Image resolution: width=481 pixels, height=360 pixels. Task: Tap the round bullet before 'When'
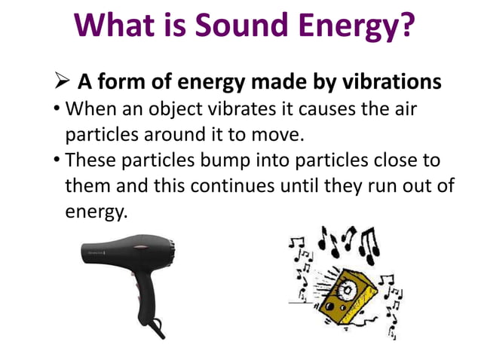[x=57, y=110]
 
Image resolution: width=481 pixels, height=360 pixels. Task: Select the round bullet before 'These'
[x=57, y=160]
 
